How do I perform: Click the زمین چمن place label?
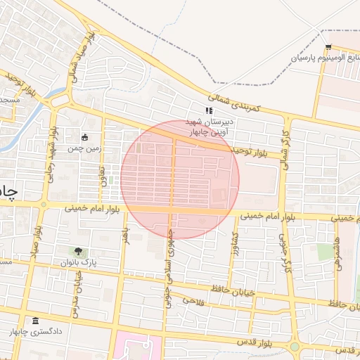point(84,148)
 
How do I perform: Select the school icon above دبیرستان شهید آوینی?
point(208,111)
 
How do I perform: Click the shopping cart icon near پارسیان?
point(328,47)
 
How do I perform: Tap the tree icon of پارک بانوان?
point(77,251)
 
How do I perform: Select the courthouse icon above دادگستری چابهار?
point(36,320)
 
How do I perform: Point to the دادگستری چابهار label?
point(39,330)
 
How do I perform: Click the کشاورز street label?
point(233,245)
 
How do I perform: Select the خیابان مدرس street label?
point(72,289)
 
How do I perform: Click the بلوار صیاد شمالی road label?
point(73,67)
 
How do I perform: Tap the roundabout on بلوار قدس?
point(295,346)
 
